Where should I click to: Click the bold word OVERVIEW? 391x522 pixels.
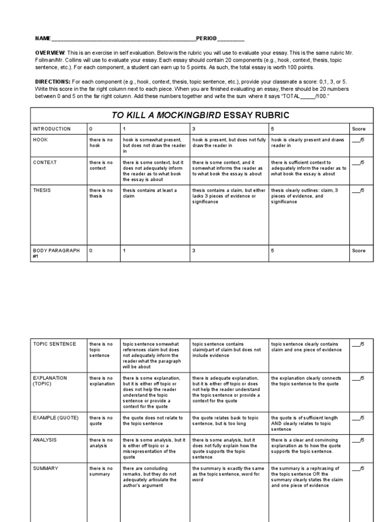coord(50,53)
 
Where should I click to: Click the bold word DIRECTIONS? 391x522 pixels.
coord(52,82)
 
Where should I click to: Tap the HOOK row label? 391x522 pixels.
coord(41,140)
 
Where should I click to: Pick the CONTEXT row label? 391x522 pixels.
coord(45,163)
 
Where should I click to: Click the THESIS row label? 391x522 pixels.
coord(42,191)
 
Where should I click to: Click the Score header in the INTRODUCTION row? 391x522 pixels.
coord(358,129)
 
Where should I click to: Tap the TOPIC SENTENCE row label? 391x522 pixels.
coord(54,344)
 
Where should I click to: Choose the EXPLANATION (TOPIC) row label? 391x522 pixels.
coord(50,381)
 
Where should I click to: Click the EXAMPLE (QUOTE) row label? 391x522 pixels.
coord(56,418)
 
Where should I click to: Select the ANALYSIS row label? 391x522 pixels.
coord(45,439)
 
